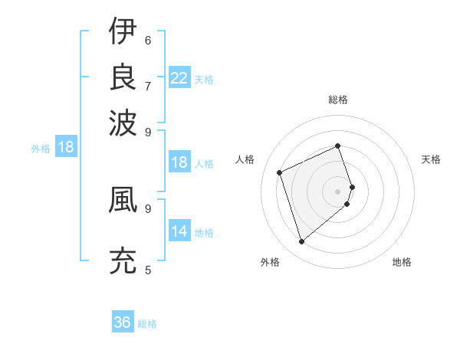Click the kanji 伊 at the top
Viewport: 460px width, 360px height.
click(123, 31)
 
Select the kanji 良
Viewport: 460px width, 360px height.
click(123, 77)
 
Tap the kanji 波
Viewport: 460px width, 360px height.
click(123, 122)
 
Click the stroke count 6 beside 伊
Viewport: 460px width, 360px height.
click(148, 40)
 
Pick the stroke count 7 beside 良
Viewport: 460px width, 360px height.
click(148, 85)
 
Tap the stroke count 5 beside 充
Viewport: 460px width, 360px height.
click(148, 270)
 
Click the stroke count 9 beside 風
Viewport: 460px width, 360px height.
click(148, 208)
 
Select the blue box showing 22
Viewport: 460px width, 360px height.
click(179, 78)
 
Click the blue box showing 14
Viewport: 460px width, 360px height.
click(179, 231)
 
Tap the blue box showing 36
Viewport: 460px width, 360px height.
click(123, 322)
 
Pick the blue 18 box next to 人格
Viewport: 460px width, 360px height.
click(179, 162)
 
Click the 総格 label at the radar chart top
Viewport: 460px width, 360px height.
click(338, 100)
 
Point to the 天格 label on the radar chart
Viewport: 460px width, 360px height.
click(431, 159)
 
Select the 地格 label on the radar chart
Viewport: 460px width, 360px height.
click(402, 262)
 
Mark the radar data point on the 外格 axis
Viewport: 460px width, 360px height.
click(301, 242)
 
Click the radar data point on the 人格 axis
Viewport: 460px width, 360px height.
click(280, 172)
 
